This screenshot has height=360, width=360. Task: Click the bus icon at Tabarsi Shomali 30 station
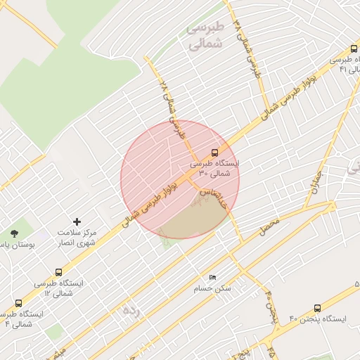click(214, 152)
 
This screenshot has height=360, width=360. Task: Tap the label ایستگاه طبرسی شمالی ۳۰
click(214, 167)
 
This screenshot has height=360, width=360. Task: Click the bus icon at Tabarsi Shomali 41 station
click(354, 50)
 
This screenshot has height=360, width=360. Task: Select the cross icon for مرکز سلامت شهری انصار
click(77, 221)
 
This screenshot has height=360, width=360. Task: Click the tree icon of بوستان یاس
click(15, 233)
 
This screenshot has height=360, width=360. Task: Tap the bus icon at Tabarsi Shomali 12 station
click(58, 272)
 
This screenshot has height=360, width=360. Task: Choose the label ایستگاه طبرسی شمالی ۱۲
click(58, 287)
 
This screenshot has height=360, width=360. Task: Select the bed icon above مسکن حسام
click(212, 278)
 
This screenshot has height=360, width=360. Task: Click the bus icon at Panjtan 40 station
click(317, 308)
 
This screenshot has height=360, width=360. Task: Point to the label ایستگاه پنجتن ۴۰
click(323, 319)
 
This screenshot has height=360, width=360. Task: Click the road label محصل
click(268, 226)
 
